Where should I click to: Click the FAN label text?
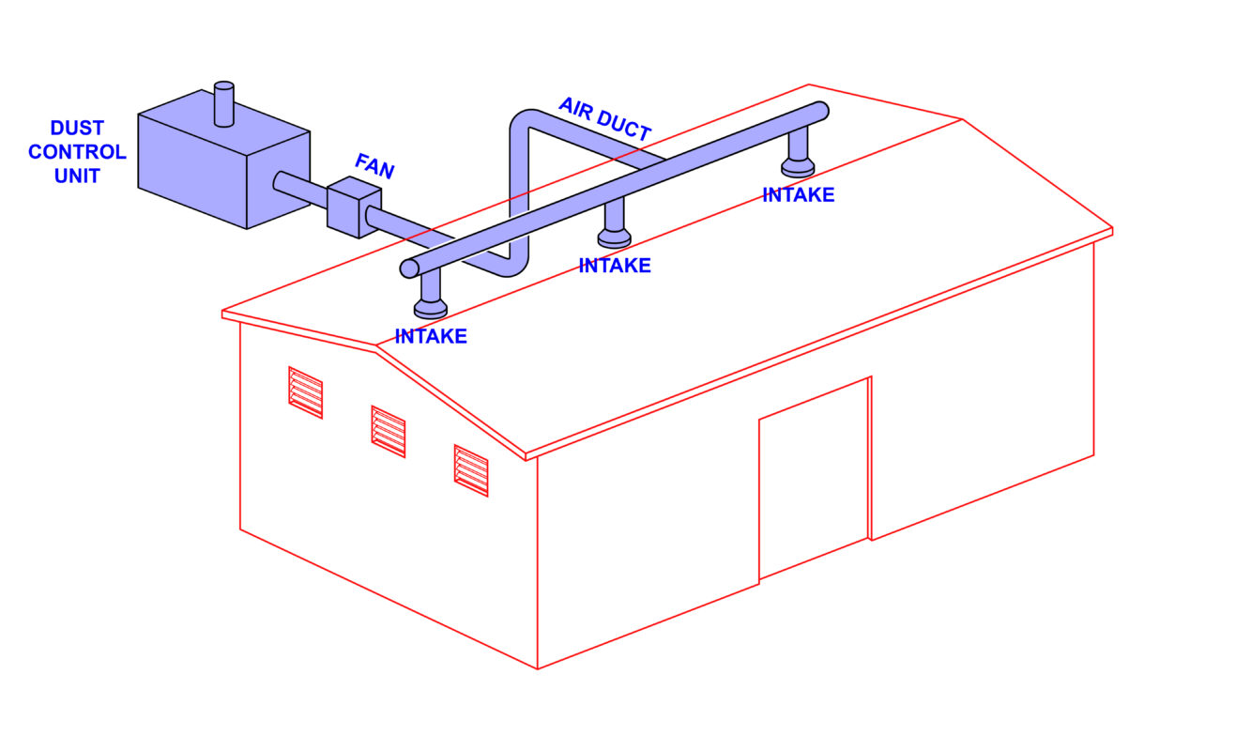click(374, 166)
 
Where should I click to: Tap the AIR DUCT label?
click(605, 119)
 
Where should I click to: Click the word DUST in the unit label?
click(77, 128)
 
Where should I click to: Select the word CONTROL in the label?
click(77, 152)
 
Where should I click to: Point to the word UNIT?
click(77, 176)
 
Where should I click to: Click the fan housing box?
click(354, 207)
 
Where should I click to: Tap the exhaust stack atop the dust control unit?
click(224, 104)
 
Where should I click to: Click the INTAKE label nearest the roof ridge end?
click(799, 195)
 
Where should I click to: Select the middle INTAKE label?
click(615, 266)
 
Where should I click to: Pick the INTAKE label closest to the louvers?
click(431, 336)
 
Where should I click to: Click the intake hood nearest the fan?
click(431, 308)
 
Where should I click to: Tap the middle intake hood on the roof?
click(615, 238)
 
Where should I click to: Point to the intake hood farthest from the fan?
click(798, 166)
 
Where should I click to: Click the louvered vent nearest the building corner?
click(471, 470)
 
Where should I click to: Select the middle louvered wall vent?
click(389, 432)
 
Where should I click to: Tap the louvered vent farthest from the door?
click(306, 392)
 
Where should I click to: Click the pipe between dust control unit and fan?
click(300, 189)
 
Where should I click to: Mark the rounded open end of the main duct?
click(409, 268)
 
